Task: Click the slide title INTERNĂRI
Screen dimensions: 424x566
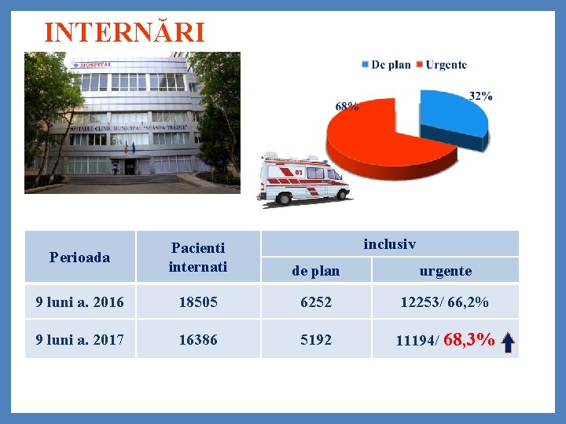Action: pyautogui.click(x=124, y=33)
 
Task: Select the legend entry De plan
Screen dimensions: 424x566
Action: pyautogui.click(x=385, y=64)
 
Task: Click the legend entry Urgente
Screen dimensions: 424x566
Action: pyautogui.click(x=441, y=64)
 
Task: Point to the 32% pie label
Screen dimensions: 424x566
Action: pyautogui.click(x=480, y=96)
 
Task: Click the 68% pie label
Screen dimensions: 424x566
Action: pyautogui.click(x=347, y=106)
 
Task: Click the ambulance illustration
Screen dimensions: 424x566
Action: pyautogui.click(x=305, y=181)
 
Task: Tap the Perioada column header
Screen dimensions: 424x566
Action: pyautogui.click(x=79, y=257)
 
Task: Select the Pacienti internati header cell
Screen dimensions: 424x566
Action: pyautogui.click(x=197, y=257)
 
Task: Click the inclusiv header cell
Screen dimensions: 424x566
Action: pyautogui.click(x=389, y=244)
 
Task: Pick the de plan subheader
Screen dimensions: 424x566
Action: pyautogui.click(x=315, y=271)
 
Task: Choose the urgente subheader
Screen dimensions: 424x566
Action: pyautogui.click(x=445, y=271)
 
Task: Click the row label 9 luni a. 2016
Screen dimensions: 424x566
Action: pyautogui.click(x=79, y=302)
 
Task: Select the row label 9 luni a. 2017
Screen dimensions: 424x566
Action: pyautogui.click(x=79, y=339)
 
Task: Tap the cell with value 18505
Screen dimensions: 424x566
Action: pyautogui.click(x=197, y=302)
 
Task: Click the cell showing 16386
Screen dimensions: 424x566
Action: pyautogui.click(x=197, y=339)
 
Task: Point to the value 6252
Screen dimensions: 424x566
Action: pyautogui.click(x=315, y=302)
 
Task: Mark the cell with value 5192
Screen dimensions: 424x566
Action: pyautogui.click(x=315, y=339)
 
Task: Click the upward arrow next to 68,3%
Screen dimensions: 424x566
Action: pyautogui.click(x=508, y=341)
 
